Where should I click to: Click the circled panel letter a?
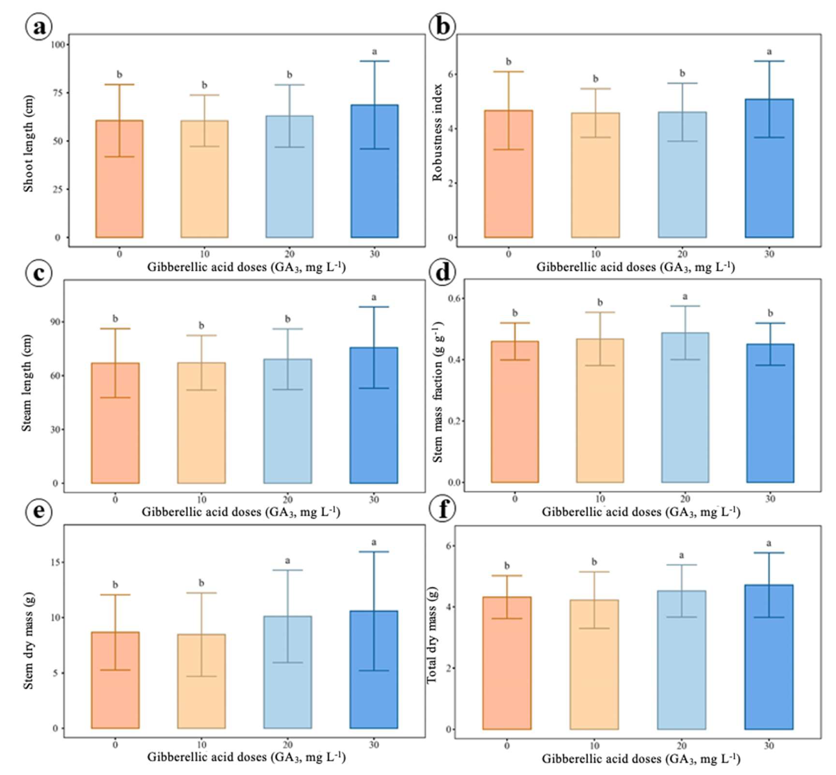(39, 28)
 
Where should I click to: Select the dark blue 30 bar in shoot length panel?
(374, 171)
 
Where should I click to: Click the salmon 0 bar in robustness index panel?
(509, 174)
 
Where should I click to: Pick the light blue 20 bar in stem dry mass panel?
(288, 672)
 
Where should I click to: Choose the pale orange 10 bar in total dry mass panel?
(594, 665)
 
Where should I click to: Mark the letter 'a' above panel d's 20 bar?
(685, 296)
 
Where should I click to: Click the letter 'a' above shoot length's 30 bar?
(374, 52)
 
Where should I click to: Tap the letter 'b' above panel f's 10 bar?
(594, 562)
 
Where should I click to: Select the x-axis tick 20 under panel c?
(288, 499)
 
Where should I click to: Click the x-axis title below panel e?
(247, 756)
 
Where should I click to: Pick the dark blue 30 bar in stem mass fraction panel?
(770, 413)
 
